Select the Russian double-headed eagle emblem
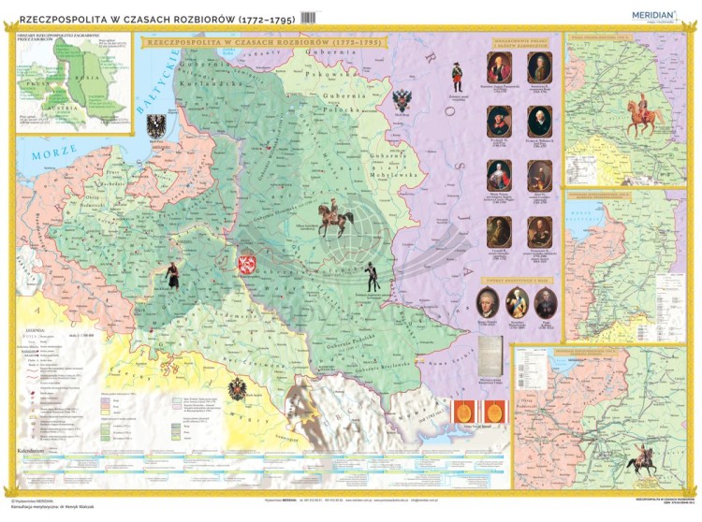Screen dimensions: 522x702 click(x=402, y=100)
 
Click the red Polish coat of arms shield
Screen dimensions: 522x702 click(x=248, y=265)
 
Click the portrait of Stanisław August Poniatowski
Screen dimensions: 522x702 click(x=499, y=67)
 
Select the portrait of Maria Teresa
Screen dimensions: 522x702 click(x=499, y=175)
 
